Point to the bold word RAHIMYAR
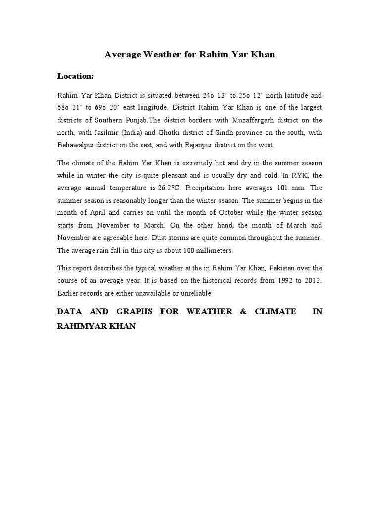click(79, 328)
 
